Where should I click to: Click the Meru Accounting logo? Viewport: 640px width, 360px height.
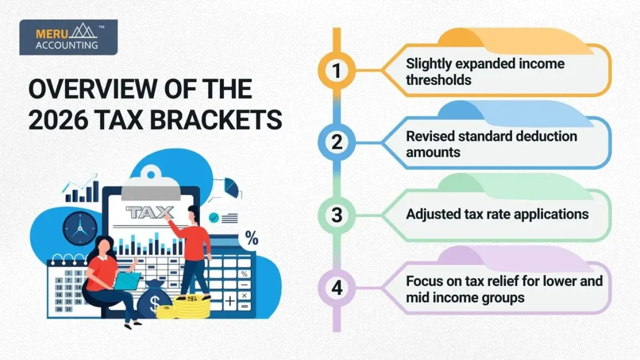click(68, 37)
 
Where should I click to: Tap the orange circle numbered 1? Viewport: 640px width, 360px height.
click(337, 71)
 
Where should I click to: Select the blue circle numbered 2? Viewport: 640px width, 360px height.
click(337, 143)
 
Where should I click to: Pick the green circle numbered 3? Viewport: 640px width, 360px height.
click(337, 215)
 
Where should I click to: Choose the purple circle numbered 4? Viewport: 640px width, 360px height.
click(337, 288)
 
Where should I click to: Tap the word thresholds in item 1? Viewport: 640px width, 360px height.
click(439, 80)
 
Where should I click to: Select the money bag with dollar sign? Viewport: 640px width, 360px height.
click(154, 300)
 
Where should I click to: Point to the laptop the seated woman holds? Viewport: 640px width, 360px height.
click(126, 281)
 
